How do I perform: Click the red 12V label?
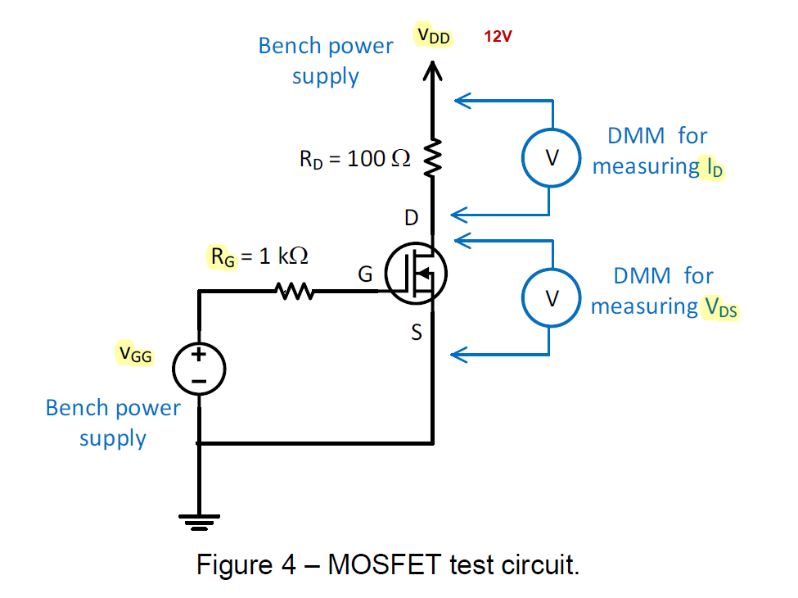498,37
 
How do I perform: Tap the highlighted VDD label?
433,36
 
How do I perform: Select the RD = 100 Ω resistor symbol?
433,158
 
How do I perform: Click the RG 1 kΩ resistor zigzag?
293,291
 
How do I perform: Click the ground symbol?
199,519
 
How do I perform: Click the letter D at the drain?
412,217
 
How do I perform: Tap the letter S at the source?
417,333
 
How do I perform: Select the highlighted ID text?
714,167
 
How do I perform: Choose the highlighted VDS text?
720,307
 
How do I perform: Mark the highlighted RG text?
222,256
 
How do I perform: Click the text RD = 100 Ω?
354,159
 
